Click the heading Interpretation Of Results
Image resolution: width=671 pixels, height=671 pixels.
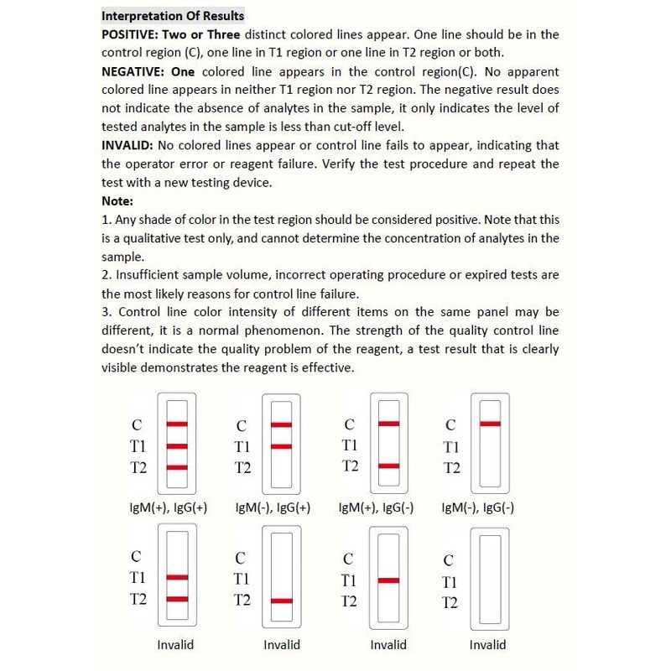[173, 16]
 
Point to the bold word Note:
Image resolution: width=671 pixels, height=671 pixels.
[117, 200]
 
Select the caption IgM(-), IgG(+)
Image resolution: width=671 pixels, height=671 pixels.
[273, 507]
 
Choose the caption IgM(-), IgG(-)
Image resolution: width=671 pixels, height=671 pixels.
[477, 507]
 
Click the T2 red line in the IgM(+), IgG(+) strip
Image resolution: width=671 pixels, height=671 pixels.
[177, 467]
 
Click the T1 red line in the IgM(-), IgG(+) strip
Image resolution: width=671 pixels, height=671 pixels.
[281, 446]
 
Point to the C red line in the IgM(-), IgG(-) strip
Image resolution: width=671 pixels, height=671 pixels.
[490, 424]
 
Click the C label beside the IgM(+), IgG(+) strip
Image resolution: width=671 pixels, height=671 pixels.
[137, 425]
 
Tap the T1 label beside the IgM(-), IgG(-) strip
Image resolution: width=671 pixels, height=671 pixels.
[451, 447]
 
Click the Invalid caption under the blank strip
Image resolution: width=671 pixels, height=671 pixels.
[487, 645]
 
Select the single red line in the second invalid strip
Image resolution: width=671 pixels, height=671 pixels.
[282, 601]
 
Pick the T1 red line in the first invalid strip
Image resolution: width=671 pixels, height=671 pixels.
[176, 578]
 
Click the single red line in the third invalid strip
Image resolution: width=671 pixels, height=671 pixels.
[388, 580]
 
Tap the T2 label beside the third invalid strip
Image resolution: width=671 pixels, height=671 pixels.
[349, 601]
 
